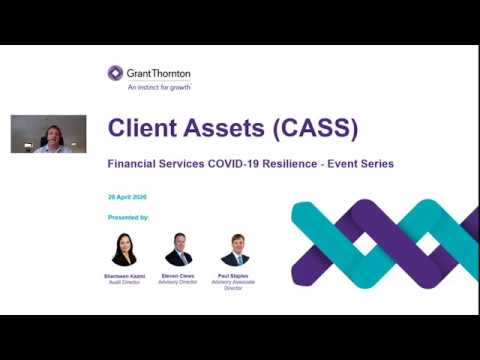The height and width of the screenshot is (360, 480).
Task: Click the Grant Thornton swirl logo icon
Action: pos(116,73)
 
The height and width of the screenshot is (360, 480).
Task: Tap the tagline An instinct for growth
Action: pos(153,87)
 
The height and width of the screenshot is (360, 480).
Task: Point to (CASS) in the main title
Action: pos(315,128)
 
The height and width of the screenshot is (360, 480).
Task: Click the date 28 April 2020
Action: pos(128,196)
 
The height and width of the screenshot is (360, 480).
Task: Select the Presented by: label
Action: pos(128,216)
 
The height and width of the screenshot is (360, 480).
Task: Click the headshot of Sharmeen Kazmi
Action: pos(124,249)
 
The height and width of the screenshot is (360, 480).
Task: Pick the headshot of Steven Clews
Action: pos(178,249)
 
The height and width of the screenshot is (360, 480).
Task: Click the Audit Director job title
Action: pos(124,283)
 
